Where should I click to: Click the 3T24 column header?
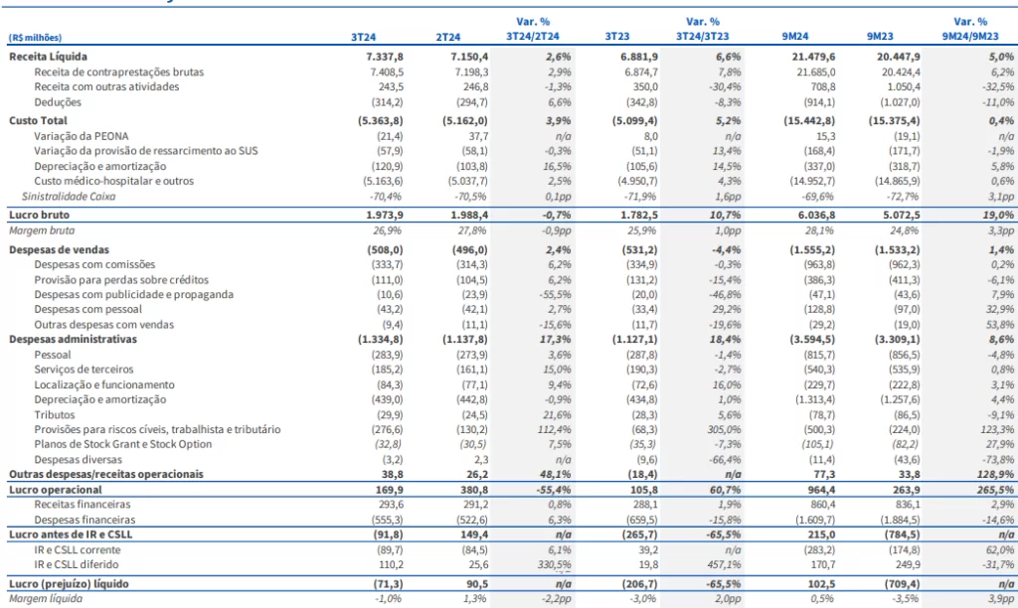tap(363, 37)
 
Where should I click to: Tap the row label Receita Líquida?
tap(48, 57)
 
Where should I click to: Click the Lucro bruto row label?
tap(39, 215)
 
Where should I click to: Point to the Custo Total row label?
tap(38, 120)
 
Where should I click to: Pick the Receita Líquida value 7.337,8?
tap(385, 57)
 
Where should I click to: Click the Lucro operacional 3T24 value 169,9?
tap(389, 490)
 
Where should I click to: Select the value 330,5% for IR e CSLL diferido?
tap(554, 565)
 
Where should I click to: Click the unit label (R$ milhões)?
tap(35, 38)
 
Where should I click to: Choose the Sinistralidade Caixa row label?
tap(69, 197)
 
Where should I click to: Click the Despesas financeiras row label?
tap(85, 520)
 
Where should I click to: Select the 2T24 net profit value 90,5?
tap(477, 584)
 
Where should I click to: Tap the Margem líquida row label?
tap(46, 599)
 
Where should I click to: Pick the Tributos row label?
tap(55, 415)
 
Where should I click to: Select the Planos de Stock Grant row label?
tap(122, 444)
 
